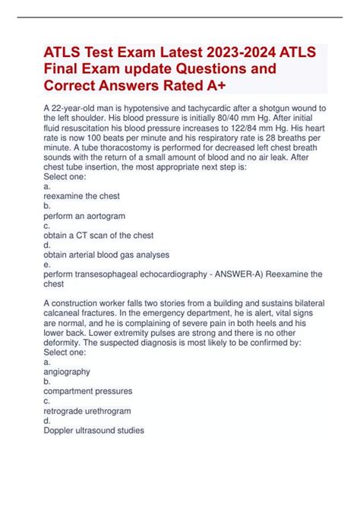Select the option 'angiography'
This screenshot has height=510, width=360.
tap(68, 372)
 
